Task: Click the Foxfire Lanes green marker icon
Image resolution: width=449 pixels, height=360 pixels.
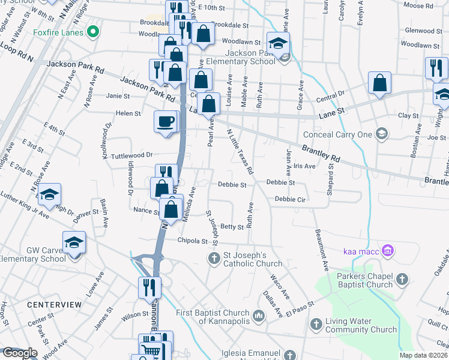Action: (92, 32)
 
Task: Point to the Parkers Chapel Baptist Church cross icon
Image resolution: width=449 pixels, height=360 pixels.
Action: (402, 279)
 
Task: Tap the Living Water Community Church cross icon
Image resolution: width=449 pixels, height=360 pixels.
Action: (316, 325)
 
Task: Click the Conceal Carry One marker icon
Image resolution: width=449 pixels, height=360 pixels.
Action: (379, 133)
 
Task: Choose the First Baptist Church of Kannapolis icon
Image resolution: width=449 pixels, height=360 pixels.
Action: (259, 315)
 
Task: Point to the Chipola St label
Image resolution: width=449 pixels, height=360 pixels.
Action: (192, 241)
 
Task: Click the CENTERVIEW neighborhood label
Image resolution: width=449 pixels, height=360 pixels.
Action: (54, 305)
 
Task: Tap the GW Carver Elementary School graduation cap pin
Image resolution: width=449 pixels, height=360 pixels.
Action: (74, 242)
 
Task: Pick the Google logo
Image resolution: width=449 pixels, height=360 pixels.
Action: (19, 353)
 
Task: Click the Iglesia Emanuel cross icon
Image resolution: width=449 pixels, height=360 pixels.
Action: (290, 355)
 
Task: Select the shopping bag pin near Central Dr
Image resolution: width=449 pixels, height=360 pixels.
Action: (379, 83)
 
